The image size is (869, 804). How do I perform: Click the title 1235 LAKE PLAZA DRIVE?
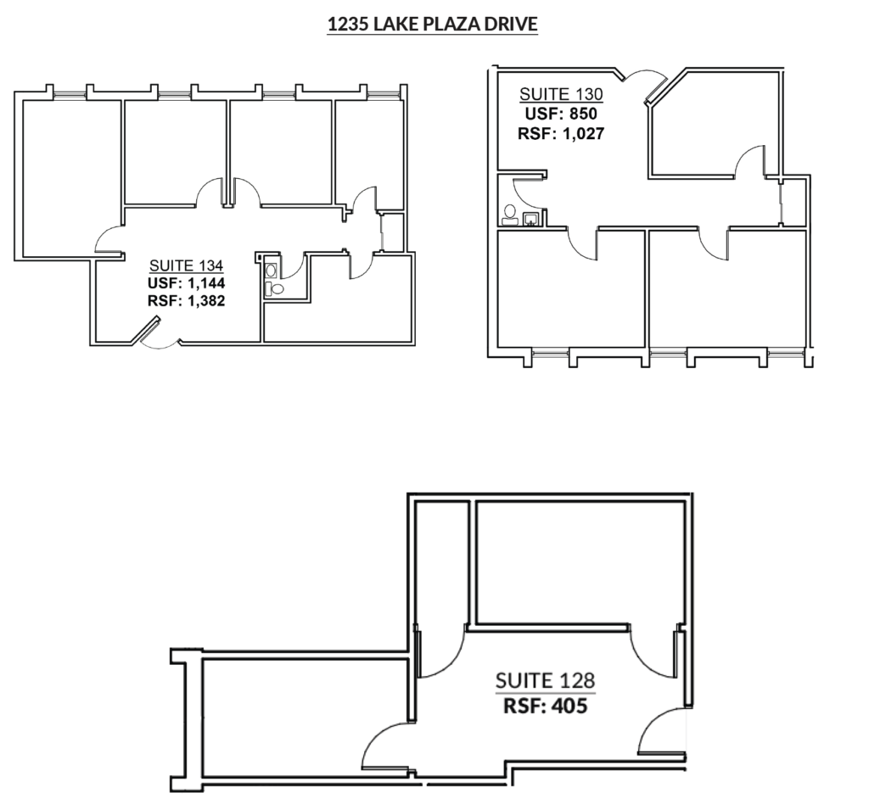click(x=433, y=25)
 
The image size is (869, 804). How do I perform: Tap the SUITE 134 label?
click(x=187, y=264)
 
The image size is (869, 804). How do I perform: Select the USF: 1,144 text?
click(x=187, y=282)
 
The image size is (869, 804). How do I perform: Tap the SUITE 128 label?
click(x=545, y=680)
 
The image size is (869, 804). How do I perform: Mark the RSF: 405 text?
click(x=545, y=705)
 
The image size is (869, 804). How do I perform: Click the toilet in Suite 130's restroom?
click(x=510, y=214)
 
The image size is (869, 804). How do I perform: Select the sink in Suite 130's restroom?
click(x=531, y=219)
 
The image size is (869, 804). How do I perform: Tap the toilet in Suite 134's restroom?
click(x=271, y=271)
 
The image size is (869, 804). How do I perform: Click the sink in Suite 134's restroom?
click(x=273, y=288)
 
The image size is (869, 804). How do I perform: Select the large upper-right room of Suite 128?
click(x=580, y=561)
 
